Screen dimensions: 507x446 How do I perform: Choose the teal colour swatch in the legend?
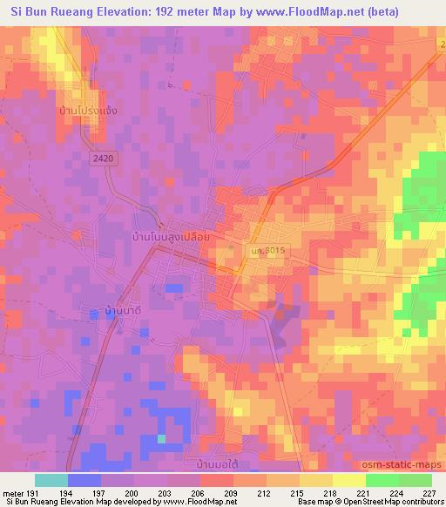click(x=51, y=480)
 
